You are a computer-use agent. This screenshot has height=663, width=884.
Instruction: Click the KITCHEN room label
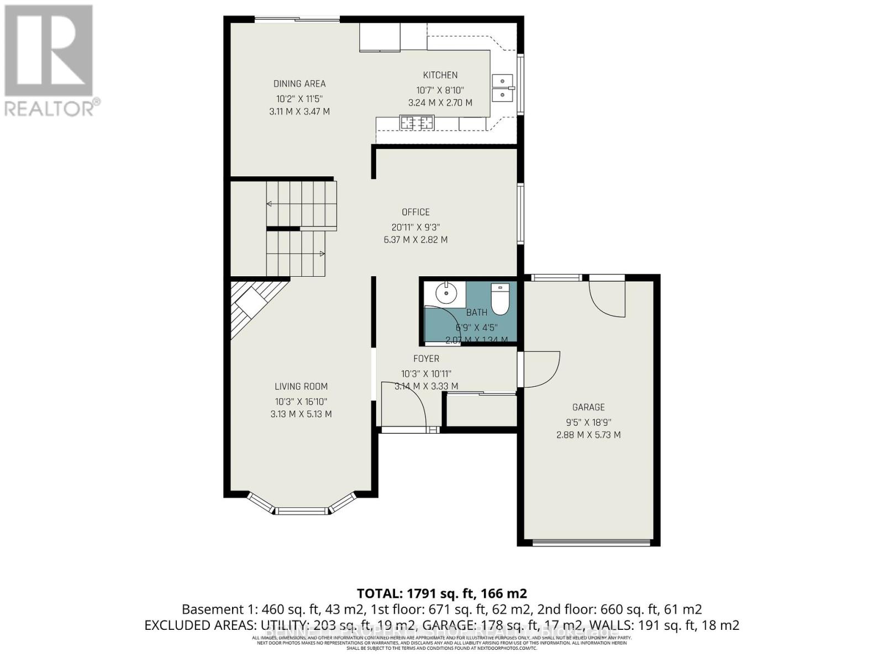pos(440,75)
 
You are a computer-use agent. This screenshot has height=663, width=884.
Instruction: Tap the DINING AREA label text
pos(299,84)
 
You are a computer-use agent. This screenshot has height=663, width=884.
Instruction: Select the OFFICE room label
pos(415,212)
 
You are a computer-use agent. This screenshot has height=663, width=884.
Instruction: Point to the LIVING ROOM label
pos(301,387)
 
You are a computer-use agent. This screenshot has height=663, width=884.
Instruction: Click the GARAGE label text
pos(588,407)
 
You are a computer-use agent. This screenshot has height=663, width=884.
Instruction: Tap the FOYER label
pos(426,359)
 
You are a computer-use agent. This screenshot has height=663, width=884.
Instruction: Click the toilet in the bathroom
pos(499,298)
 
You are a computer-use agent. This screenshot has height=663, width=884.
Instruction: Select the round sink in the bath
pos(445,293)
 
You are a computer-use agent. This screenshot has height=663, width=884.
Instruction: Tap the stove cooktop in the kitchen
pos(417,122)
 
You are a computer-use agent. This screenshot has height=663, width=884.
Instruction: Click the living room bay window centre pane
pos(302,511)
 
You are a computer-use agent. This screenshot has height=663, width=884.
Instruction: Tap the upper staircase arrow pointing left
pos(270,204)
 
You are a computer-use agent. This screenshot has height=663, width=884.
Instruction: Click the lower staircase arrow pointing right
pos(322,254)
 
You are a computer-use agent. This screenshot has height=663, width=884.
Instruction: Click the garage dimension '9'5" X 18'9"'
pos(588,422)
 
